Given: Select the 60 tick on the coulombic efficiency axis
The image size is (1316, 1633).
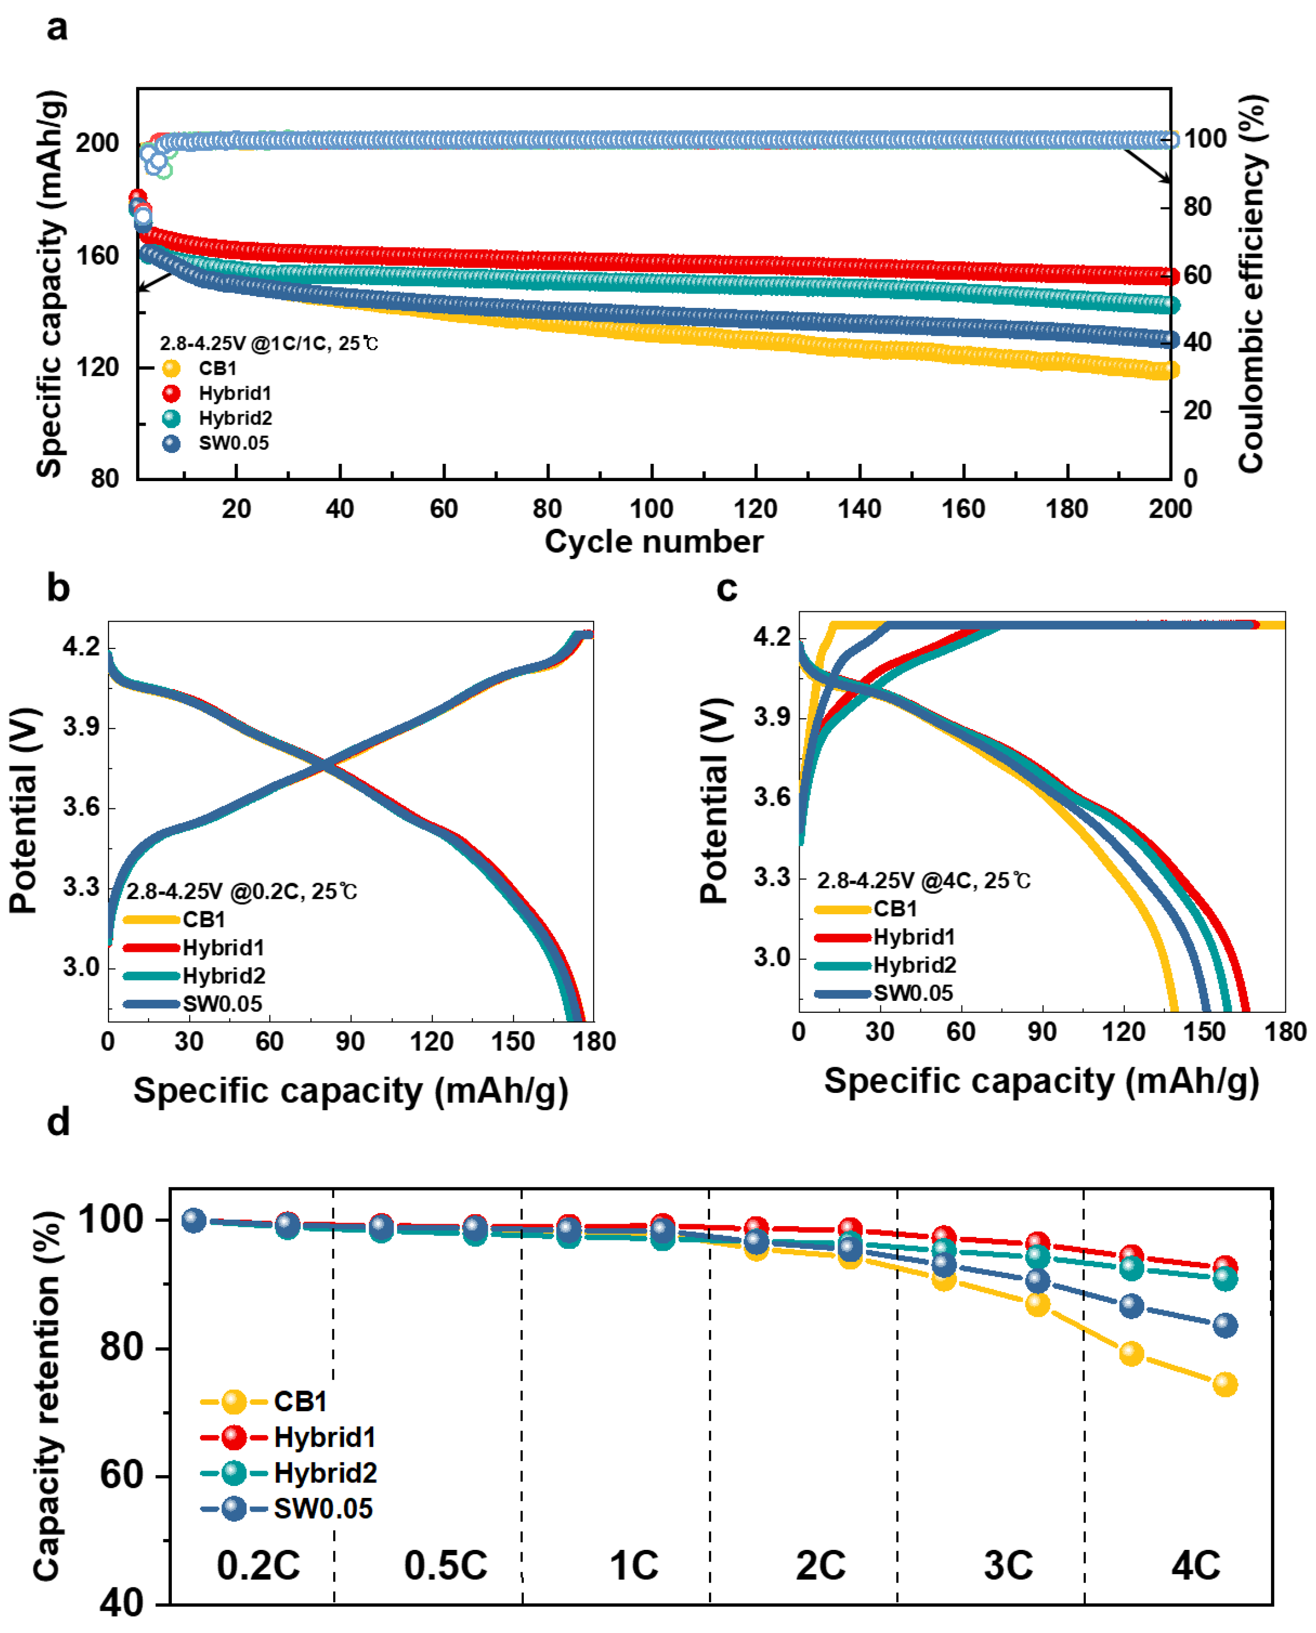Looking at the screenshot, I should pyautogui.click(x=1197, y=275).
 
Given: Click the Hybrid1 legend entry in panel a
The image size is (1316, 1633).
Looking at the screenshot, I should pyautogui.click(x=234, y=394).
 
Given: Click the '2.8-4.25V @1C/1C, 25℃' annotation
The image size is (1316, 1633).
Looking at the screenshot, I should pyautogui.click(x=268, y=343).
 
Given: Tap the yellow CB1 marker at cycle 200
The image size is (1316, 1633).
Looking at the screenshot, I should pyautogui.click(x=1168, y=370).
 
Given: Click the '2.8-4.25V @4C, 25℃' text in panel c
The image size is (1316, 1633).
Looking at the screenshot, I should pyautogui.click(x=923, y=881).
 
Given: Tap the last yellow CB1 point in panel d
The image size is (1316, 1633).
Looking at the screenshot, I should pyautogui.click(x=1225, y=1385).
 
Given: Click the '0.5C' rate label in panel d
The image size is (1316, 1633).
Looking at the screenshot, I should pyautogui.click(x=445, y=1566).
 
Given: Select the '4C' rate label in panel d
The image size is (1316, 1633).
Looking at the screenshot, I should pyautogui.click(x=1196, y=1566).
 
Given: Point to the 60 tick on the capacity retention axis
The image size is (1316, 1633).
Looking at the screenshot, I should pyautogui.click(x=121, y=1476).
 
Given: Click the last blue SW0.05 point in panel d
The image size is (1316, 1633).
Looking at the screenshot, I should pyautogui.click(x=1225, y=1325).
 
